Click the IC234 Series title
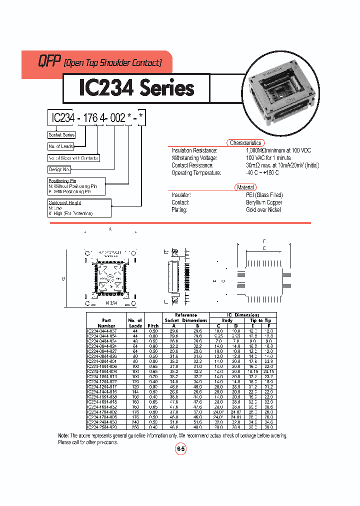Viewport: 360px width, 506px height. pos(136,88)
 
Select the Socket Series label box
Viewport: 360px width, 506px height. pos(61,134)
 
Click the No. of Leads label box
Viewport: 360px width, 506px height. pos(61,146)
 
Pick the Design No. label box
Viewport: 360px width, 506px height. pos(59,170)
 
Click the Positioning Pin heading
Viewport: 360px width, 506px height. pos(62,180)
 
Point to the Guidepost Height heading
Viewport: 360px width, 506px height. pos(64,202)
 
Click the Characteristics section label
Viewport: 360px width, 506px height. pos(245,143)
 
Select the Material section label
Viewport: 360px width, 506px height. pos(245,187)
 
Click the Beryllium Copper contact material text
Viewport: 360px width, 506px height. pos(264,202)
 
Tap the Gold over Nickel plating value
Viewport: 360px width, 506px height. pos(263,210)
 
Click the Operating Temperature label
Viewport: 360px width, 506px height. pos(196,172)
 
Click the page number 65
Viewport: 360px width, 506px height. pos(180,449)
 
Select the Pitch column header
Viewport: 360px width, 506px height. pos(152,325)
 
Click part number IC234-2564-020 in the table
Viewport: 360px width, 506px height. pos(103,427)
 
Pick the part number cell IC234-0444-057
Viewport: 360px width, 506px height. pos(103,331)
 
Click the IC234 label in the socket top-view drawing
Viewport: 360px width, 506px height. pos(111,303)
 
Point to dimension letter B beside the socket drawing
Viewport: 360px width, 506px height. pos(63,279)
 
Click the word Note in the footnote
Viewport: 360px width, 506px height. pos(63,435)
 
